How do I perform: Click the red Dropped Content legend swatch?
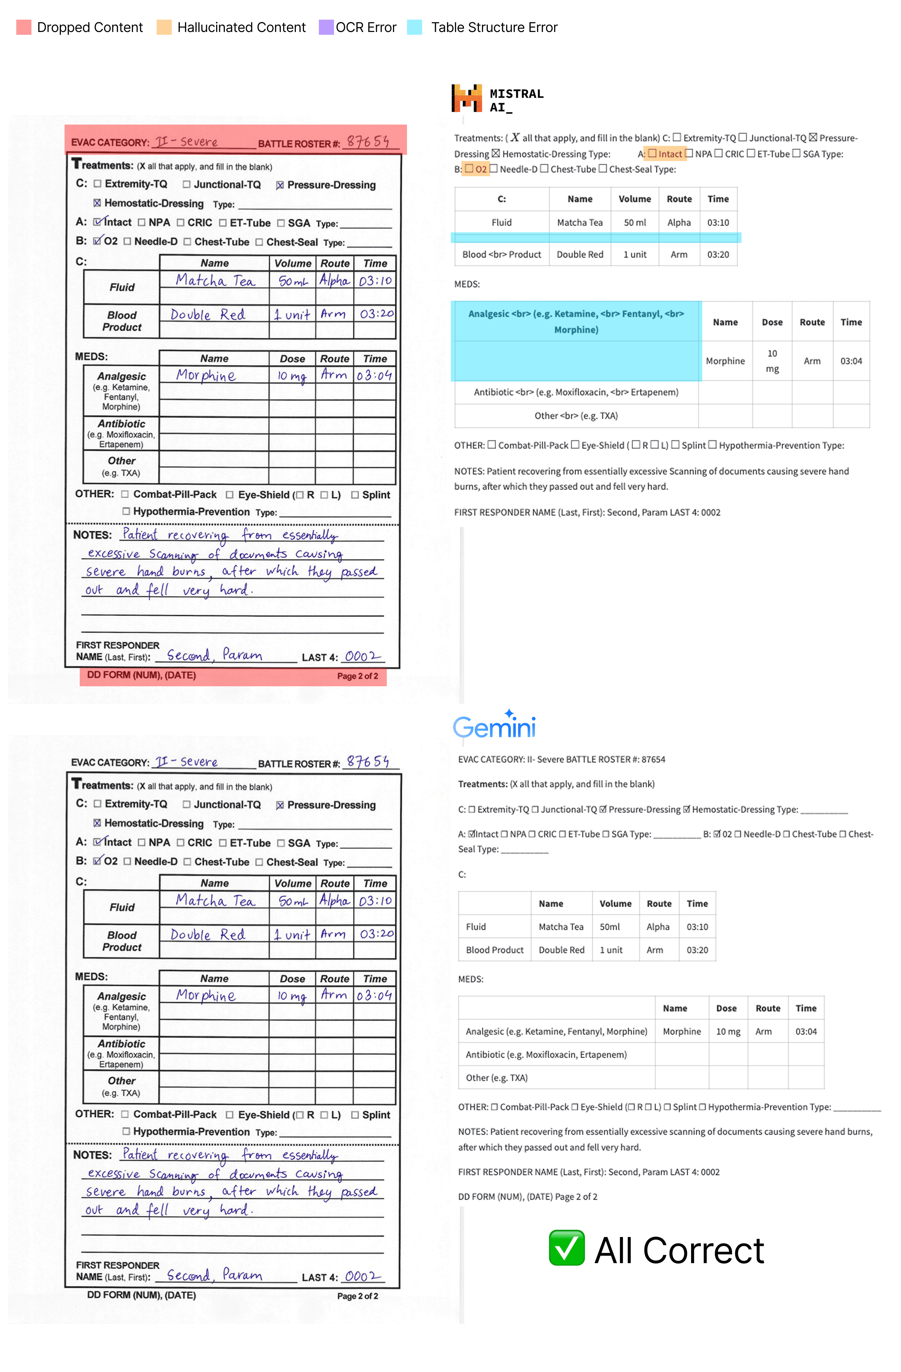point(24,27)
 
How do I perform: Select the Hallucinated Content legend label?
point(241,27)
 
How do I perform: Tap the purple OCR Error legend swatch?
point(326,27)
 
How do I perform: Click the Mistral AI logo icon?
point(466,98)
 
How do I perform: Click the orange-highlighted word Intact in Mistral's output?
point(669,154)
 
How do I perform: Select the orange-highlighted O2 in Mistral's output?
point(480,169)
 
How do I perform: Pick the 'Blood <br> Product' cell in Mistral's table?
point(501,254)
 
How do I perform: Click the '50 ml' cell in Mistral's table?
point(635,222)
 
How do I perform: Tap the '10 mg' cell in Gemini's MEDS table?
point(727,1031)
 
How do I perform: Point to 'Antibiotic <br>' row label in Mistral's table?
point(576,392)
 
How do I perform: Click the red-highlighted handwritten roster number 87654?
point(367,142)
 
